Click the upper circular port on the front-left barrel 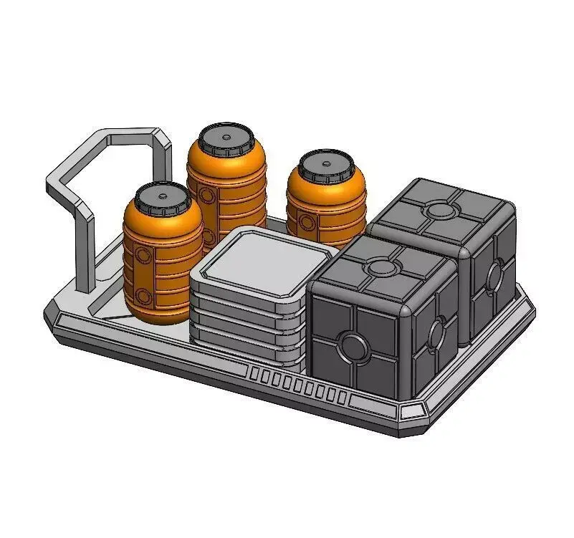143,256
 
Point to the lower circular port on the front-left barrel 145,295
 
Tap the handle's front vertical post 85,251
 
